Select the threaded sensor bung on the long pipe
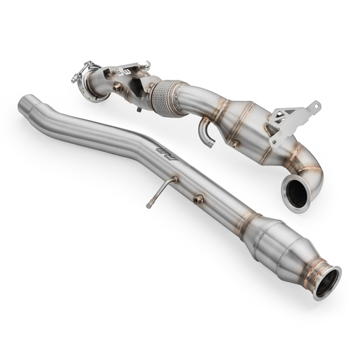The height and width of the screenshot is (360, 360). pos(199,199)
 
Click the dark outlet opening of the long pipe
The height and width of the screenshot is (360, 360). pos(326,281)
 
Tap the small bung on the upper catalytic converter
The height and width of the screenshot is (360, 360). pos(235,144)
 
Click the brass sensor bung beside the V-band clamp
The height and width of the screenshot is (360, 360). pos(118,88)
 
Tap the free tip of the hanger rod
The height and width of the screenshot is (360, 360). pos(148,206)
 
